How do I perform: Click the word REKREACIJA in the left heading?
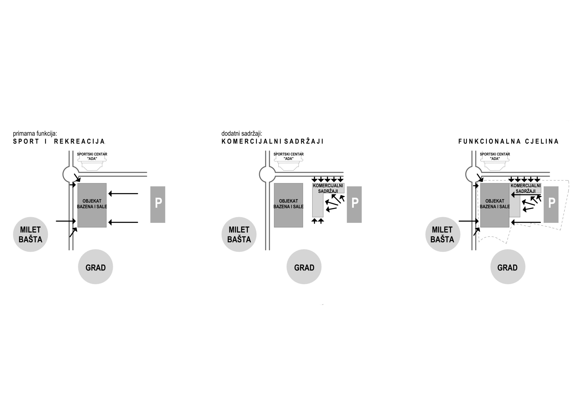click(80, 141)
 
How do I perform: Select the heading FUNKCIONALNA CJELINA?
click(508, 141)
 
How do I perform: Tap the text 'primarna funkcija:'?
click(35, 134)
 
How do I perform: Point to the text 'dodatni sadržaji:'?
click(242, 134)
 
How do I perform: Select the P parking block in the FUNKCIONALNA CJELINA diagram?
click(551, 204)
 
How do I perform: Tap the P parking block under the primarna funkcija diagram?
click(158, 204)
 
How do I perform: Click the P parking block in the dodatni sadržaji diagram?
click(354, 204)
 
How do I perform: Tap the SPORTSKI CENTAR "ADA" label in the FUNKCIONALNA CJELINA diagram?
click(495, 156)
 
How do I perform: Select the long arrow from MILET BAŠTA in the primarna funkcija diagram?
click(66, 221)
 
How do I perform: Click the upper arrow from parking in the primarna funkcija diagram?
click(123, 194)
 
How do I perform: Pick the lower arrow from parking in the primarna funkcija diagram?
click(123, 222)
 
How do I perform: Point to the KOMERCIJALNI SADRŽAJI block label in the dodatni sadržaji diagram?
click(328, 188)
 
